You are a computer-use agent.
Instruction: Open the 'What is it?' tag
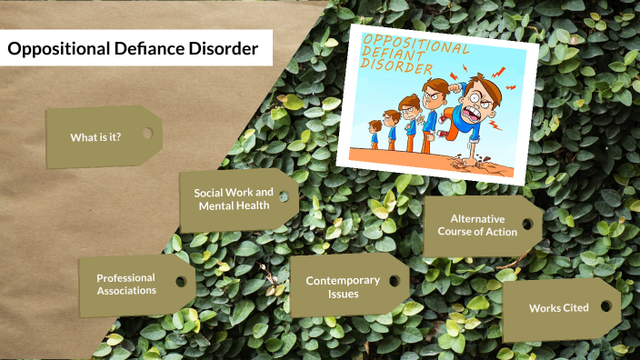tap(96, 137)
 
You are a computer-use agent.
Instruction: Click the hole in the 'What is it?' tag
tap(146, 134)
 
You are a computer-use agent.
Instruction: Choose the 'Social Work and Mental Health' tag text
tap(234, 198)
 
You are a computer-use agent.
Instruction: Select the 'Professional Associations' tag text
tap(126, 284)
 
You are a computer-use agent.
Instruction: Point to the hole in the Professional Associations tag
tap(182, 282)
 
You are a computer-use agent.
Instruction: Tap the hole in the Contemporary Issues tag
tap(394, 281)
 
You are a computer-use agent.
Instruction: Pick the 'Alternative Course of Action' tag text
tap(484, 225)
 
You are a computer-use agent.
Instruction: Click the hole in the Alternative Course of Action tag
tap(527, 223)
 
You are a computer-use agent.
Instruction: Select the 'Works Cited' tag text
tap(559, 308)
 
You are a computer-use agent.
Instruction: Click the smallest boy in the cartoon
tap(375, 131)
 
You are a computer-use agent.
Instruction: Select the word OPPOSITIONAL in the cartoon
tap(414, 43)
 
